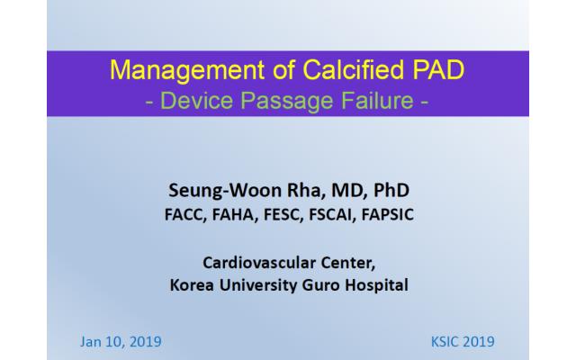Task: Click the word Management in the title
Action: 187,70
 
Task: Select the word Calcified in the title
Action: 354,69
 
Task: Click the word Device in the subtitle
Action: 196,100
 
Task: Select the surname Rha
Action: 306,190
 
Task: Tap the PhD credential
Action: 391,190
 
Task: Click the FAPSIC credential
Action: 388,214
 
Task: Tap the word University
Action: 257,285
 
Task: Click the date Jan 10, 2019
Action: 121,342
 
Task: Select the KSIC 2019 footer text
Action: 463,342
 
